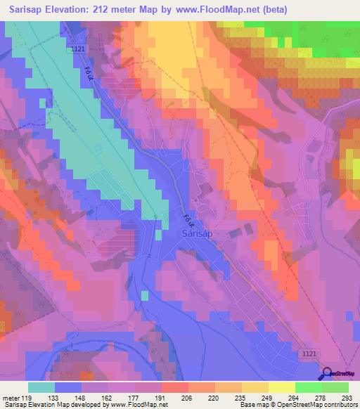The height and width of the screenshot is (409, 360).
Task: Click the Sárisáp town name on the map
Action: pyautogui.click(x=198, y=233)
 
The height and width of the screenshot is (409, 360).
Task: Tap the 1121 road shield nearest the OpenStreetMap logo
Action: pyautogui.click(x=305, y=354)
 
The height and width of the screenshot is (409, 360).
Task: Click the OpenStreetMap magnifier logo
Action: pyautogui.click(x=326, y=375)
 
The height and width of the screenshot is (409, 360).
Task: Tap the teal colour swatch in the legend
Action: pyautogui.click(x=41, y=387)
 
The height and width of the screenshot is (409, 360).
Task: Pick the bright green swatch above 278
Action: pyautogui.click(x=308, y=387)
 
